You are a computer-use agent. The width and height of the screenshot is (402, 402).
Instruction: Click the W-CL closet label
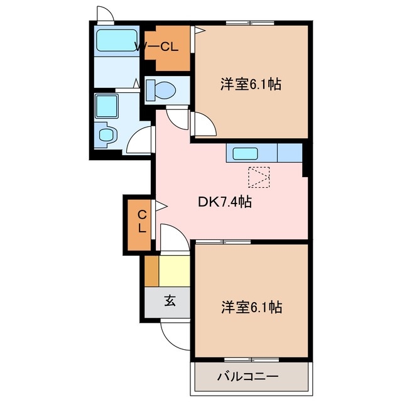pyautogui.click(x=158, y=46)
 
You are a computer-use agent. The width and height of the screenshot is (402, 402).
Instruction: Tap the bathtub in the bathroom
pyautogui.click(x=117, y=41)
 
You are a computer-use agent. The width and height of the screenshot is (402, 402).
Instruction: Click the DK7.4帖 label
pyautogui.click(x=225, y=202)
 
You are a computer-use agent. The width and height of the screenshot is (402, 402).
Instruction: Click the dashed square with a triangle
pyautogui.click(x=259, y=177)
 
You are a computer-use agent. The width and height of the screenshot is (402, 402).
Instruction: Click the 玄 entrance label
pyautogui.click(x=170, y=301)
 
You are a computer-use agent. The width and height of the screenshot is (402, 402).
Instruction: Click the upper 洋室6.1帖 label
pyautogui.click(x=250, y=84)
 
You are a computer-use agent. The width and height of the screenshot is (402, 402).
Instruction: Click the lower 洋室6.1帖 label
pyautogui.click(x=251, y=307)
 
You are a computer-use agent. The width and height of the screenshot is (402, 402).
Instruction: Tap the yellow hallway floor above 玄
pyautogui.click(x=174, y=271)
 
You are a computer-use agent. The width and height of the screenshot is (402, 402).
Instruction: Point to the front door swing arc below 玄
pyautogui.click(x=174, y=334)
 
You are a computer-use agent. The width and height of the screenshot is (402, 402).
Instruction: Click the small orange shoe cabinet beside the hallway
pyautogui.click(x=151, y=271)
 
